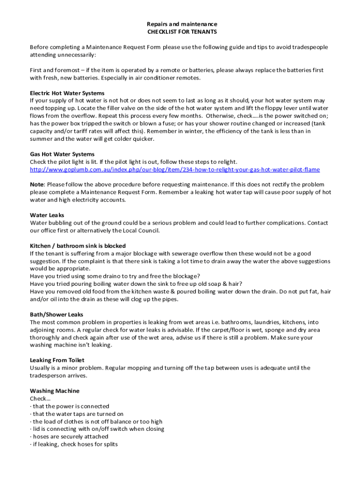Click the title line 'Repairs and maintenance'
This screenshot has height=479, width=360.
coord(182,24)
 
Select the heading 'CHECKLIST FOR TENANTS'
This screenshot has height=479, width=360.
coord(182,32)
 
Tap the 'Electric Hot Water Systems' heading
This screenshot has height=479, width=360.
coord(67,93)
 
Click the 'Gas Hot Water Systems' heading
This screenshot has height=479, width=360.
coord(62,154)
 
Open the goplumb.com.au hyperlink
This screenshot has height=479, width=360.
coord(175,169)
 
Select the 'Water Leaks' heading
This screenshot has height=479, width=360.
coord(47,215)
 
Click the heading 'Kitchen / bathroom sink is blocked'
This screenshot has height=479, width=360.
coord(78,246)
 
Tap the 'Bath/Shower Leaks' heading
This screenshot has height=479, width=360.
coord(57,314)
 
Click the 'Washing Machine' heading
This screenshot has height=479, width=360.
coord(55,391)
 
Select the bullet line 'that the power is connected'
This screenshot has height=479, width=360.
coord(71,406)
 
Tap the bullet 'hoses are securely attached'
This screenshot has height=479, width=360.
coord(70,436)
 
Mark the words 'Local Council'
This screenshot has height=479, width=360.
coord(141,230)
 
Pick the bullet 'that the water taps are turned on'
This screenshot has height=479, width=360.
coord(78,414)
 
